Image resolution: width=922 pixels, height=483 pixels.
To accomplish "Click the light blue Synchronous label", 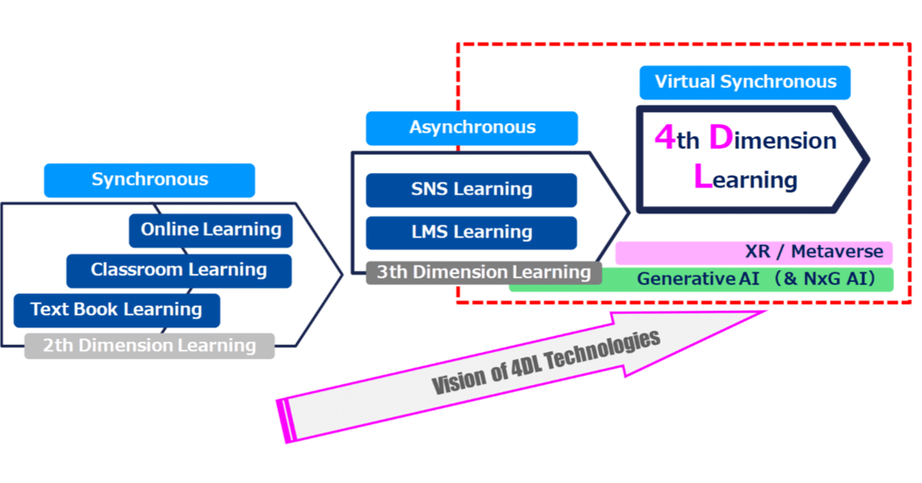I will tap(149, 180).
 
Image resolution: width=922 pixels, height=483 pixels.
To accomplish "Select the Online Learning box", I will tap(211, 230).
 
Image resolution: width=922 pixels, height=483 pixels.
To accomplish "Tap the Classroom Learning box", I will tap(179, 270).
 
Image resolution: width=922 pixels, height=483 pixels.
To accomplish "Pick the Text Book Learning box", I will tap(116, 310).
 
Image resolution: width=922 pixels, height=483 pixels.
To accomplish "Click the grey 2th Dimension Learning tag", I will tap(149, 346).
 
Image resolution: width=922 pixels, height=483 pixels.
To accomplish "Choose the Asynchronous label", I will tap(472, 128).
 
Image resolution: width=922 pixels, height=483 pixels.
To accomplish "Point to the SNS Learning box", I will tap(471, 190).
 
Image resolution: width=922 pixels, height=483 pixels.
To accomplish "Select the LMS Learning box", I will tap(471, 232).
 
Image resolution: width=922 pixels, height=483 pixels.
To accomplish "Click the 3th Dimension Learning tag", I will tap(483, 272).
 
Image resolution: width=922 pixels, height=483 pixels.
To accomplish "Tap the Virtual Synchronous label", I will tap(745, 82).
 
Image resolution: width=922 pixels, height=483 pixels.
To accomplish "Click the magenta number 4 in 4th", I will tap(663, 138).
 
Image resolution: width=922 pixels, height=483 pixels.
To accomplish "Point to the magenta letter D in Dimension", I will tap(720, 138).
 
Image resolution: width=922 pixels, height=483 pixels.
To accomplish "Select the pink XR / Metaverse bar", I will tap(753, 252).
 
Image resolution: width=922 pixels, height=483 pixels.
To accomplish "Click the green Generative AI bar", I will tap(701, 280).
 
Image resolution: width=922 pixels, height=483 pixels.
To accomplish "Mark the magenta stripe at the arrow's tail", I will tap(286, 420).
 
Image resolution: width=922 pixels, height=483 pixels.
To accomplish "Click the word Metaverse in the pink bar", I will tap(837, 252).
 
